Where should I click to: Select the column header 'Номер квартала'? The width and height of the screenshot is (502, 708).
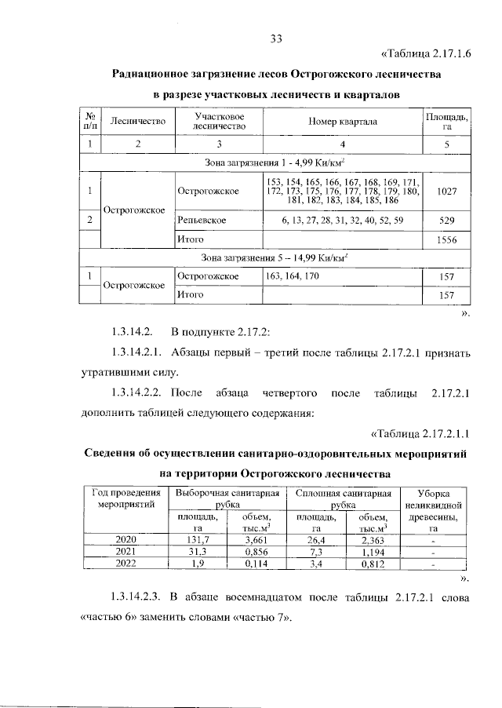pos(343,122)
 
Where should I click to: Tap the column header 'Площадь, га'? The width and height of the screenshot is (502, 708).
pos(447,122)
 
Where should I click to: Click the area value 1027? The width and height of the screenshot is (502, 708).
pos(447,192)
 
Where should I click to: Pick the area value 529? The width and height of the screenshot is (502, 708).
pos(447,221)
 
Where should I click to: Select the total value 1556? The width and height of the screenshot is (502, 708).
pos(447,239)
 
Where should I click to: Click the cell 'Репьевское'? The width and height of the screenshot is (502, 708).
pos(202,221)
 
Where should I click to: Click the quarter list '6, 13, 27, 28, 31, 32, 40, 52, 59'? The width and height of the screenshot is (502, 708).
pos(343,221)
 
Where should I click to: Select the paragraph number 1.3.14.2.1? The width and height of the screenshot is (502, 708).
pos(138,353)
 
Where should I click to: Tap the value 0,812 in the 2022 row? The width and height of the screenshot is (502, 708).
pos(372,564)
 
